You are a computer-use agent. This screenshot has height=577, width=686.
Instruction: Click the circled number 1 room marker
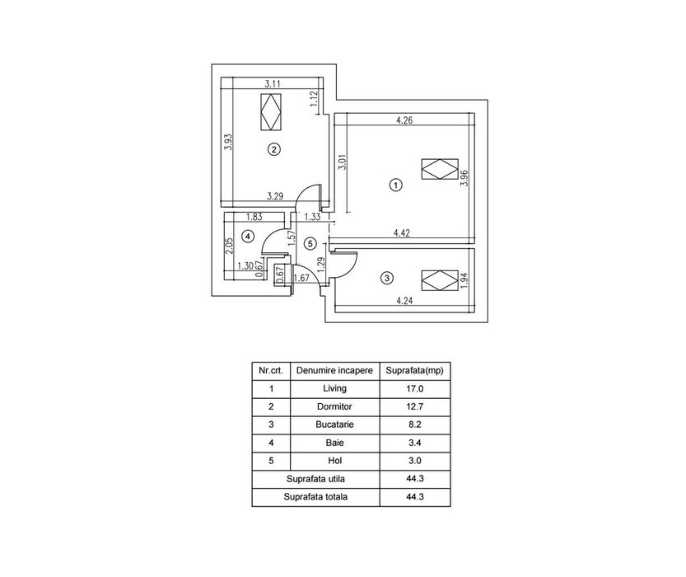coord(395,185)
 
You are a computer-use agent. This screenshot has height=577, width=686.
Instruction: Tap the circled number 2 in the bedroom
coord(274,150)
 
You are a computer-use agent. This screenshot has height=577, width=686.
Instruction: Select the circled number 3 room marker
coord(387,278)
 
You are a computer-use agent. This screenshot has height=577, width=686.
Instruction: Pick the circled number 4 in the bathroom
coord(248,237)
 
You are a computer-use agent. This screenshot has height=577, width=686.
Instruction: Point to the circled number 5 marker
coord(310,243)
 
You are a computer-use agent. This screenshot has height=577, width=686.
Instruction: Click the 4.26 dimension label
coord(404,120)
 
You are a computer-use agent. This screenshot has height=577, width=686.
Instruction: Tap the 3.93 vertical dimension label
coord(228,142)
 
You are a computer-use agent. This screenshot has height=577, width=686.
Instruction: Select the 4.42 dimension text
coord(402,233)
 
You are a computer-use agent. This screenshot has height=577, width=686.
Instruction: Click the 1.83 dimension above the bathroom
coord(254,217)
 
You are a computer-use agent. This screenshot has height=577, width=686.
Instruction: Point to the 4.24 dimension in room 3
coord(404,301)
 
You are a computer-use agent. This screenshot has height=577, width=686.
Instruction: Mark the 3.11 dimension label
coord(273,83)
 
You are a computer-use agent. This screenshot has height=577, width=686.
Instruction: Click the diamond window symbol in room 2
coord(271,111)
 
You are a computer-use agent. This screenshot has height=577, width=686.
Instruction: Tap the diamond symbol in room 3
coord(440,280)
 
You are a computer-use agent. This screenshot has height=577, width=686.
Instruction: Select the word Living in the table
coord(334,388)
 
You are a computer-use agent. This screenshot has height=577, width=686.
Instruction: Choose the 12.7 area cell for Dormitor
coord(415,406)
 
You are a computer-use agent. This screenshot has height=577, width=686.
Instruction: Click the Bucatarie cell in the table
coord(334,425)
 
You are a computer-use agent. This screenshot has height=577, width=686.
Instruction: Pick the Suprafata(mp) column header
coord(415,371)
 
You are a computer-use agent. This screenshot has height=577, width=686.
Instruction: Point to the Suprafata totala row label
coord(315,497)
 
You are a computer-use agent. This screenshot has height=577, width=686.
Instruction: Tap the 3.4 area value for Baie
coord(415,443)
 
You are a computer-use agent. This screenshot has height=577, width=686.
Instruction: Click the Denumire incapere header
coord(334,371)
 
